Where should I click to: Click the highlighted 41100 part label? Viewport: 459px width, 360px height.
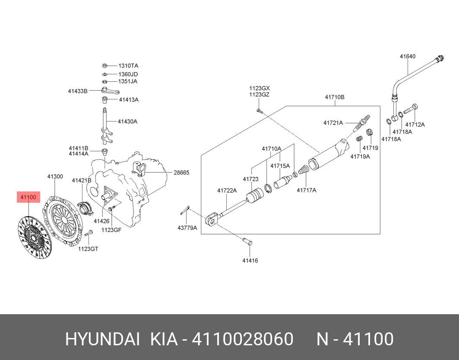tap(28, 198)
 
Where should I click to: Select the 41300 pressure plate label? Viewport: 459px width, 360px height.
tap(55, 177)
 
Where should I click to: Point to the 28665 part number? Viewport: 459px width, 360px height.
tap(182, 172)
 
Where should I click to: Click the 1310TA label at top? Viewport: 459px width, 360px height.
tap(129, 66)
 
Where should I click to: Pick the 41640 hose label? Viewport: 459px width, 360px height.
tap(407, 56)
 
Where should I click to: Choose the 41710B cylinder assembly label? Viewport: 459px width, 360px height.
tap(335, 97)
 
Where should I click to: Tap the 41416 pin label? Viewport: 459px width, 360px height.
tap(250, 261)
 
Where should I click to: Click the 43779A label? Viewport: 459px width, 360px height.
tap(187, 228)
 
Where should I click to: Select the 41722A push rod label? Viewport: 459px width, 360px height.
tap(227, 190)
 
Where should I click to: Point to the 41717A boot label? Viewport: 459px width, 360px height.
tap(307, 190)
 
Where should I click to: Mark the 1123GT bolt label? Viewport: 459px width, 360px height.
tap(88, 249)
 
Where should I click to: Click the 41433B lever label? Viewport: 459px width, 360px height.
tap(78, 91)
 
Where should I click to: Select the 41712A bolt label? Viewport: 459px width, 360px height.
tap(415, 124)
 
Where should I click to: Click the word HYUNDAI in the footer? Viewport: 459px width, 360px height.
tap(102, 339)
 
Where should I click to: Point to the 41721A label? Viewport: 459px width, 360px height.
tap(333, 123)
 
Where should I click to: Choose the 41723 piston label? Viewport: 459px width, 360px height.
tap(250, 179)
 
